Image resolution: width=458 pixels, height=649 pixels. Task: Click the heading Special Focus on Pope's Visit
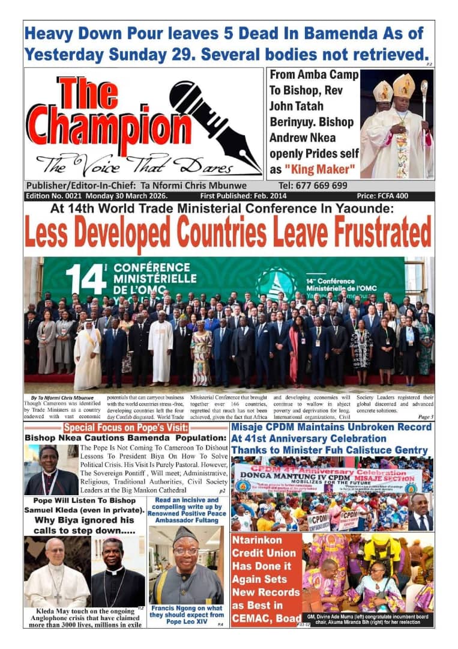(x=125, y=428)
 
